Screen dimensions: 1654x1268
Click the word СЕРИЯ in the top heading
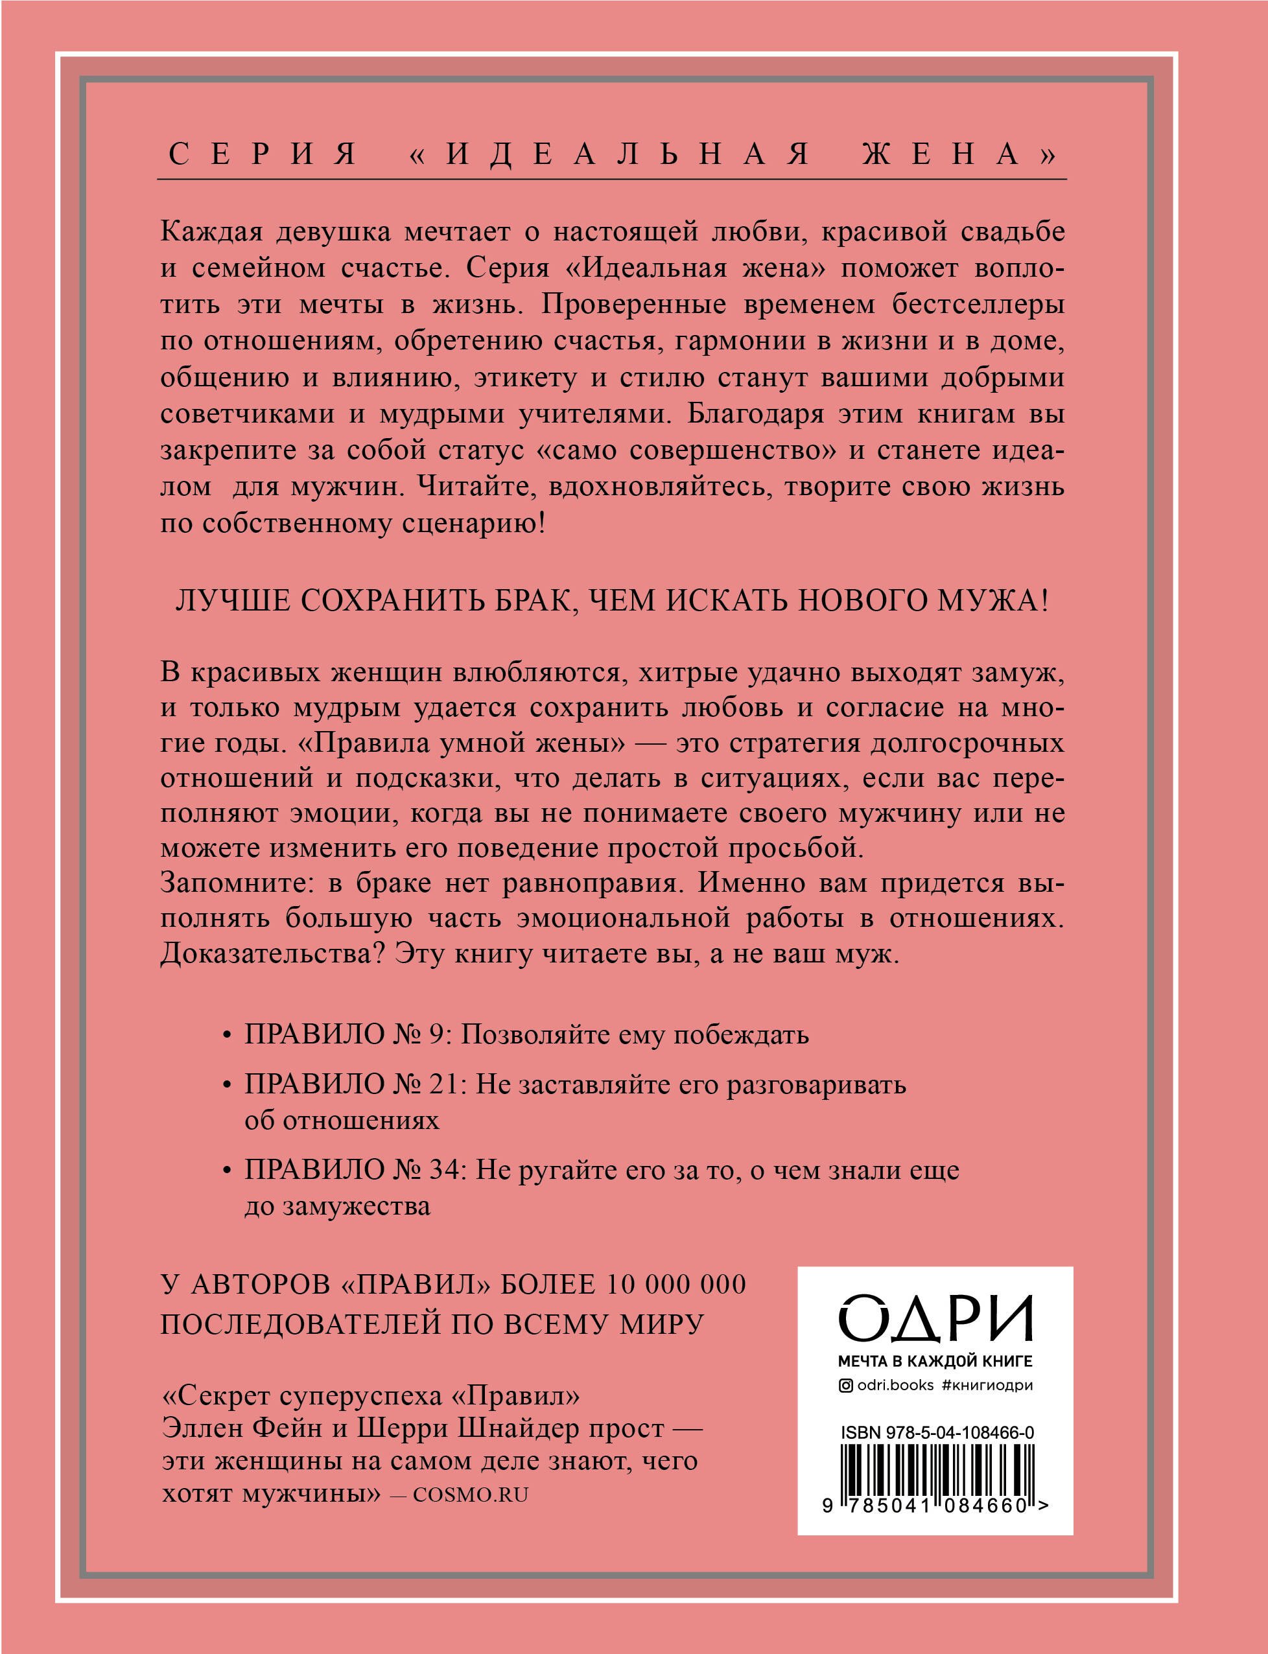click(x=262, y=154)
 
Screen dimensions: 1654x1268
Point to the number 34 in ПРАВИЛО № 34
click(x=447, y=1171)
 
